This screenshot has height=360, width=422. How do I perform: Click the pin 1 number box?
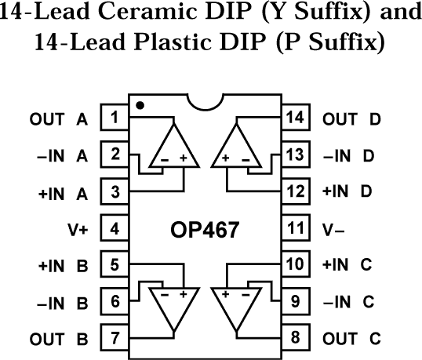pos(115,119)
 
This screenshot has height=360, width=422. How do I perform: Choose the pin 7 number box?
pos(115,338)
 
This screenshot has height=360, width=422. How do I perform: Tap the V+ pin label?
pos(78,230)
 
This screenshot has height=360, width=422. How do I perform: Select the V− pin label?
pos(335,230)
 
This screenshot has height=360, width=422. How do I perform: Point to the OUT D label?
pos(352,120)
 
